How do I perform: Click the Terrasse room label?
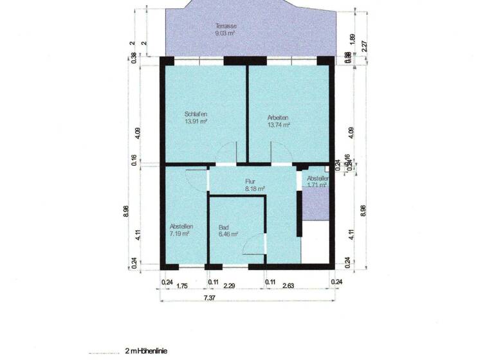point(225,26)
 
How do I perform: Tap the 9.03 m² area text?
point(225,33)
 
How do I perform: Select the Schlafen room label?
point(196,114)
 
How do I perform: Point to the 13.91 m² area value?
point(196,122)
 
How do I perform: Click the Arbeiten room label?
point(278,118)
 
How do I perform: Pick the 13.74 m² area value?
point(278,125)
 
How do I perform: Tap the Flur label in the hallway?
point(251,181)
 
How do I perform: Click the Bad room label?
point(224,228)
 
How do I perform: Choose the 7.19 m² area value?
point(179,234)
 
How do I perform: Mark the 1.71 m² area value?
point(317,185)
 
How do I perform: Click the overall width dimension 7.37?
point(210,298)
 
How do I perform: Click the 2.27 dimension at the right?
point(365,46)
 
